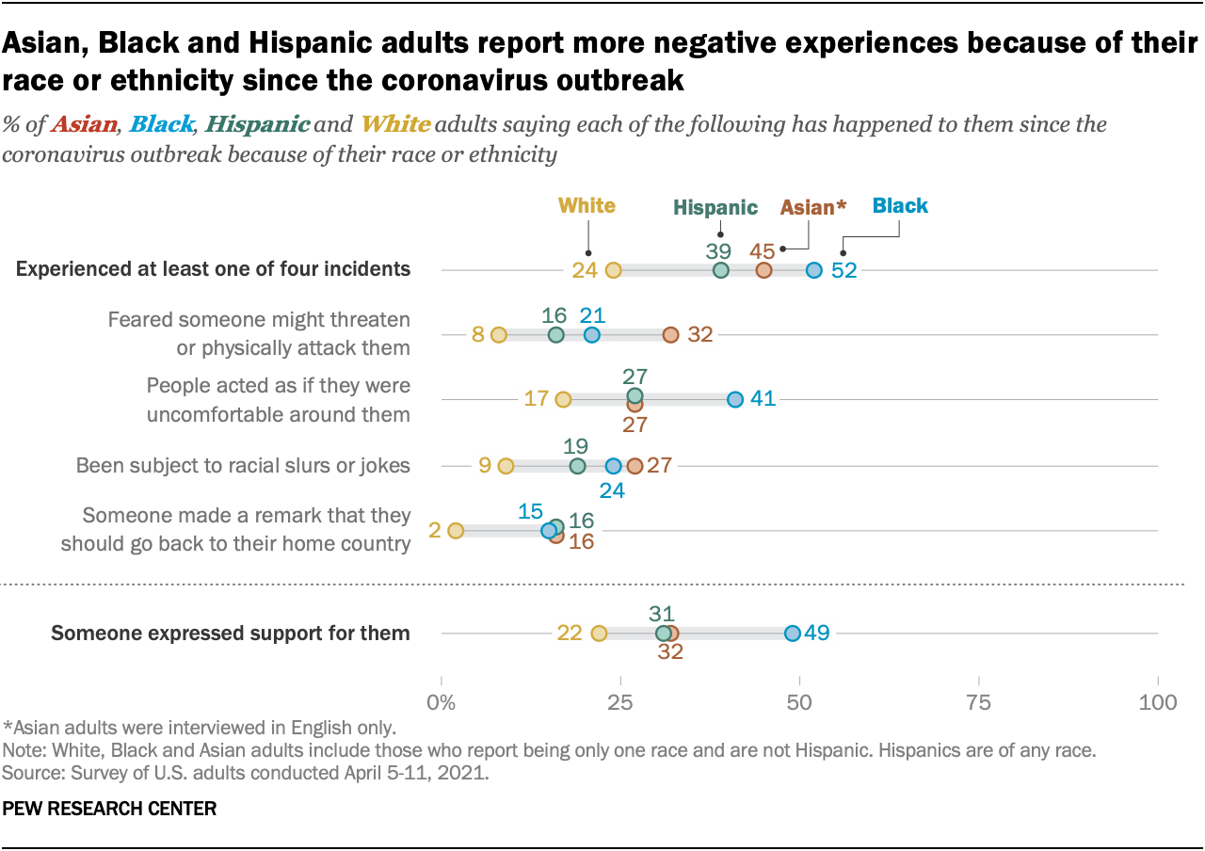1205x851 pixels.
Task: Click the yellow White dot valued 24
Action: coord(613,270)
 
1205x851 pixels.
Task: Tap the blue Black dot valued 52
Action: coord(814,270)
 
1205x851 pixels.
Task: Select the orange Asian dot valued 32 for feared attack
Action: coord(670,334)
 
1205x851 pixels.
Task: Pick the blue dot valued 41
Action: coord(735,399)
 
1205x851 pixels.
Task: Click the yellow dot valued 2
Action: coord(456,531)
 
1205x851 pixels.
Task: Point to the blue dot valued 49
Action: coord(793,633)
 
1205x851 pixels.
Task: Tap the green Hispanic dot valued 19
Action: coord(577,466)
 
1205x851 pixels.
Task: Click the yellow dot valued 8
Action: coord(499,334)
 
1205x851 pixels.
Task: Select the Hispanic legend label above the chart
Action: coord(715,208)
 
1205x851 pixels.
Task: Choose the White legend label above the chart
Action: coord(586,205)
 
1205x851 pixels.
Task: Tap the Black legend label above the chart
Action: coord(900,205)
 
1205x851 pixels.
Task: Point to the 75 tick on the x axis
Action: coord(979,702)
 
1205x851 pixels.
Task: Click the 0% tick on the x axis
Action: coord(440,702)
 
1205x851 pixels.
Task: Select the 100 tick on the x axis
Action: coord(1157,702)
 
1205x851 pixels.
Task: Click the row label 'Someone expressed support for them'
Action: coord(231,633)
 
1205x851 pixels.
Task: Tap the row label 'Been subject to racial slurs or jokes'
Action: coord(243,466)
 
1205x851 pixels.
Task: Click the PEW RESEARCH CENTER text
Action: coord(110,808)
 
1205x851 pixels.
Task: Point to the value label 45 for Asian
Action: coord(763,250)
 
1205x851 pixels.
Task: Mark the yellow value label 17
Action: coord(537,399)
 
